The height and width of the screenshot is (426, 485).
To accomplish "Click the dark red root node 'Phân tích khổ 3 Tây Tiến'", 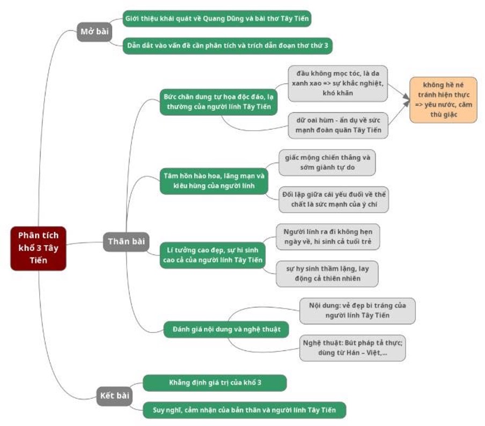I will (x=38, y=248).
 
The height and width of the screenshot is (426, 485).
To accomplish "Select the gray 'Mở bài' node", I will (x=94, y=32).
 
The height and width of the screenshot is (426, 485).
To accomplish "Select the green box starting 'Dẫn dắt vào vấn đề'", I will (x=227, y=46).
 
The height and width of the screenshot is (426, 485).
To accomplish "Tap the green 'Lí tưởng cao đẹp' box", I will (x=213, y=255).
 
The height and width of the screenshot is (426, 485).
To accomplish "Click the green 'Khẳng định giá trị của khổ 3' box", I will (x=215, y=383).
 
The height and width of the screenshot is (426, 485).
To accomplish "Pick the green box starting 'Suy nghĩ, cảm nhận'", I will (x=244, y=410).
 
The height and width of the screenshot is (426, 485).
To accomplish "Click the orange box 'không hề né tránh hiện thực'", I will (x=443, y=100).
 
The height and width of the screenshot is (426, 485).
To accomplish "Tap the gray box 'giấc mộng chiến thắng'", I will (x=327, y=163).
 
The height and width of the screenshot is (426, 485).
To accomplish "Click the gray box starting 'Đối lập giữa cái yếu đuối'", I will (x=334, y=199).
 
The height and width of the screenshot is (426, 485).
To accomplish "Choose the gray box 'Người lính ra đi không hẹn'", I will (x=328, y=237).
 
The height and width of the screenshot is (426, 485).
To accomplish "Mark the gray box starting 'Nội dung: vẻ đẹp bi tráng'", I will (x=357, y=311).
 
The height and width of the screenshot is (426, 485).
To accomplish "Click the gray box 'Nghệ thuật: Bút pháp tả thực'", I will (x=352, y=348).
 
